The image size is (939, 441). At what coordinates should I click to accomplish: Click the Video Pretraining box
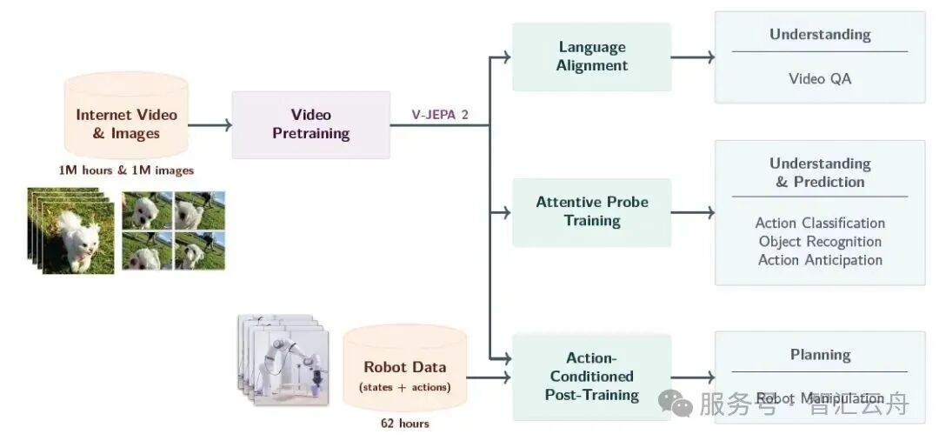(310, 124)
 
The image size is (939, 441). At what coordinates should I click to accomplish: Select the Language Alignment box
(592, 57)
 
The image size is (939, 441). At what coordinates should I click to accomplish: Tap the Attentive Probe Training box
(592, 212)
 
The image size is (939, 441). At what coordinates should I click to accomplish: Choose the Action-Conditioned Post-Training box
(592, 377)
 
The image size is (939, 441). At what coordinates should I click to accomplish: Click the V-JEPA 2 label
(440, 115)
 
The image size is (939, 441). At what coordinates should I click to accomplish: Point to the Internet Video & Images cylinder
(126, 116)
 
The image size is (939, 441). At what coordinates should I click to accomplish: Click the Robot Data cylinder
(405, 368)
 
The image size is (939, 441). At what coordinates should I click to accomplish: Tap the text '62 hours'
(405, 424)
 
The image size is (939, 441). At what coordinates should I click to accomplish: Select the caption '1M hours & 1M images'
(126, 170)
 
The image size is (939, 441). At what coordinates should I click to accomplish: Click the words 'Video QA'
(820, 78)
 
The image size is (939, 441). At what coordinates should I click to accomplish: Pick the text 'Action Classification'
(820, 223)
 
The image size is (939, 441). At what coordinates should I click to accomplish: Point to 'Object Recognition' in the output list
(820, 242)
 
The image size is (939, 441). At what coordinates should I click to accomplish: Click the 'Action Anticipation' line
(820, 260)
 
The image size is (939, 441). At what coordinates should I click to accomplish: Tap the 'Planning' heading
(820, 355)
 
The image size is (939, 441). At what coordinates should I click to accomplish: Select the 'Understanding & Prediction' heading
(820, 172)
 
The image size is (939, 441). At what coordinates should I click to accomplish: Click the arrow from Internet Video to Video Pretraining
(210, 124)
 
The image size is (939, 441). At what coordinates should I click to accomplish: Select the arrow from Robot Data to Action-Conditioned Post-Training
(489, 378)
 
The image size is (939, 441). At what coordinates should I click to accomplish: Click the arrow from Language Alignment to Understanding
(693, 57)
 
